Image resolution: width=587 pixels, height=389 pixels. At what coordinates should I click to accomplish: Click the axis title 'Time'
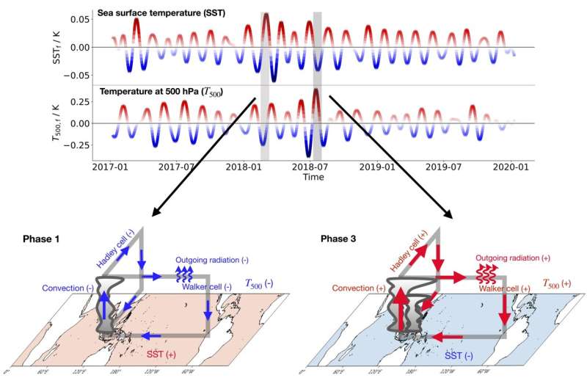click(x=313, y=177)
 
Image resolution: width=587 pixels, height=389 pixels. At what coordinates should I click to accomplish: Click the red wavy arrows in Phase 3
click(x=485, y=277)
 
